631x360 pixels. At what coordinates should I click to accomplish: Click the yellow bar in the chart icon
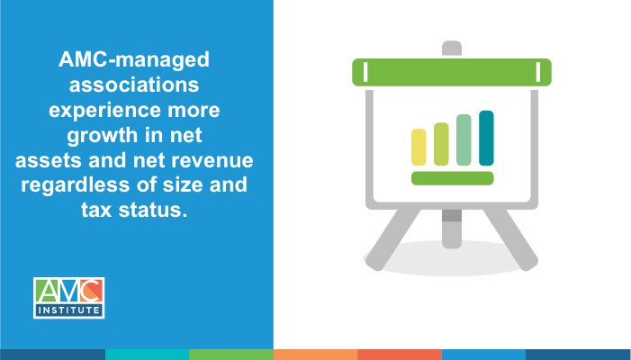419,147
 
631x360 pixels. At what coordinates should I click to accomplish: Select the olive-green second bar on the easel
441,144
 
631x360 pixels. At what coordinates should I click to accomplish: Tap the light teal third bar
464,139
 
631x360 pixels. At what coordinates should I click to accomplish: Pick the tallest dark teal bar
486,138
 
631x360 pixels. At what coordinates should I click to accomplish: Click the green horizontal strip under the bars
452,177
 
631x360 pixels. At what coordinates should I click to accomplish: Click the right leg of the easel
515,237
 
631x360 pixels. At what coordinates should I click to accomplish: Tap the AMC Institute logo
69,298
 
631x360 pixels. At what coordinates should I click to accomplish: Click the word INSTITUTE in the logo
69,310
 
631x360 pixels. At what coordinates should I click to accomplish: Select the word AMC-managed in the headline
133,61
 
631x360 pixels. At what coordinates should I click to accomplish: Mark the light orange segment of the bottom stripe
315,354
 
